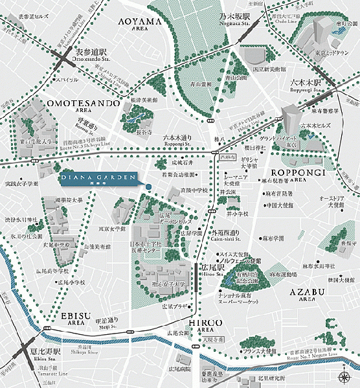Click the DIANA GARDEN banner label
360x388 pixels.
click(97, 178)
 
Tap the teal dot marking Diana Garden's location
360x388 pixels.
click(148, 188)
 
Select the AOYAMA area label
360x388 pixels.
click(139, 24)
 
